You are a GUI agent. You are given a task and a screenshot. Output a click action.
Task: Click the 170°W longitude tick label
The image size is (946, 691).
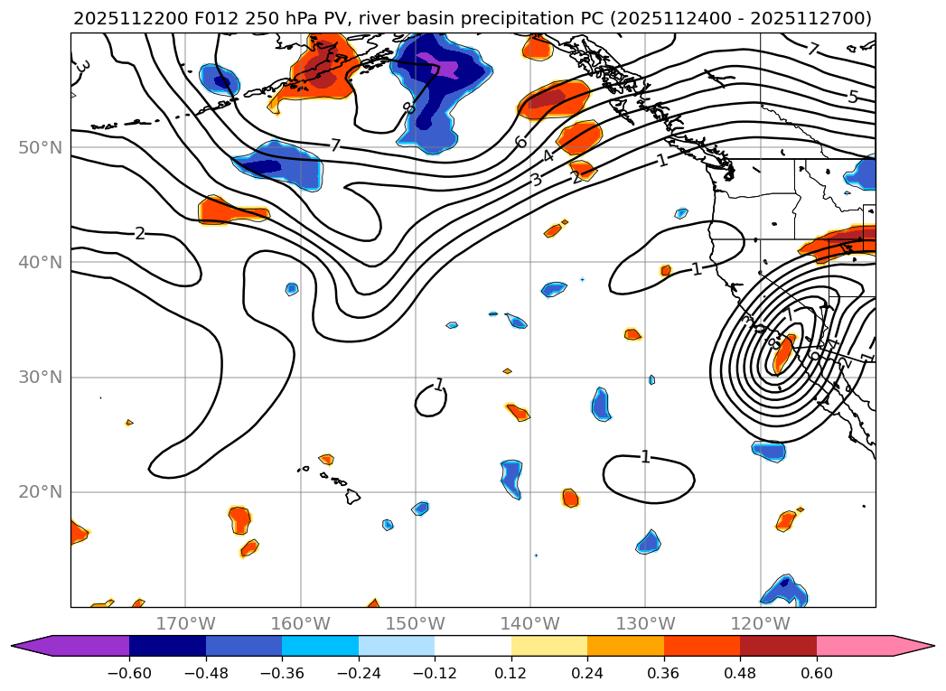(185, 623)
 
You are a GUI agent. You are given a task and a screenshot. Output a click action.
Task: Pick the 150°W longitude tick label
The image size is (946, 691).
(416, 623)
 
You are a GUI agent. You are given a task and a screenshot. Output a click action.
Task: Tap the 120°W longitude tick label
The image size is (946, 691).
(760, 623)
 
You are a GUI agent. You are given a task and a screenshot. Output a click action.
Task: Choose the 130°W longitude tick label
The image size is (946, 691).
(645, 623)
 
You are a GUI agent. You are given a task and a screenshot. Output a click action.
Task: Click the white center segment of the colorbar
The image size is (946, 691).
(473, 646)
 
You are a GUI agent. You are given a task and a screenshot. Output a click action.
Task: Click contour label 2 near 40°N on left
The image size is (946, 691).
(139, 234)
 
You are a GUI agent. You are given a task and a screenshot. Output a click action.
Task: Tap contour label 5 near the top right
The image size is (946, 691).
(852, 97)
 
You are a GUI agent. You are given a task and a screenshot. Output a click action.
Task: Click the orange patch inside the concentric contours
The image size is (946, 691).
(782, 353)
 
